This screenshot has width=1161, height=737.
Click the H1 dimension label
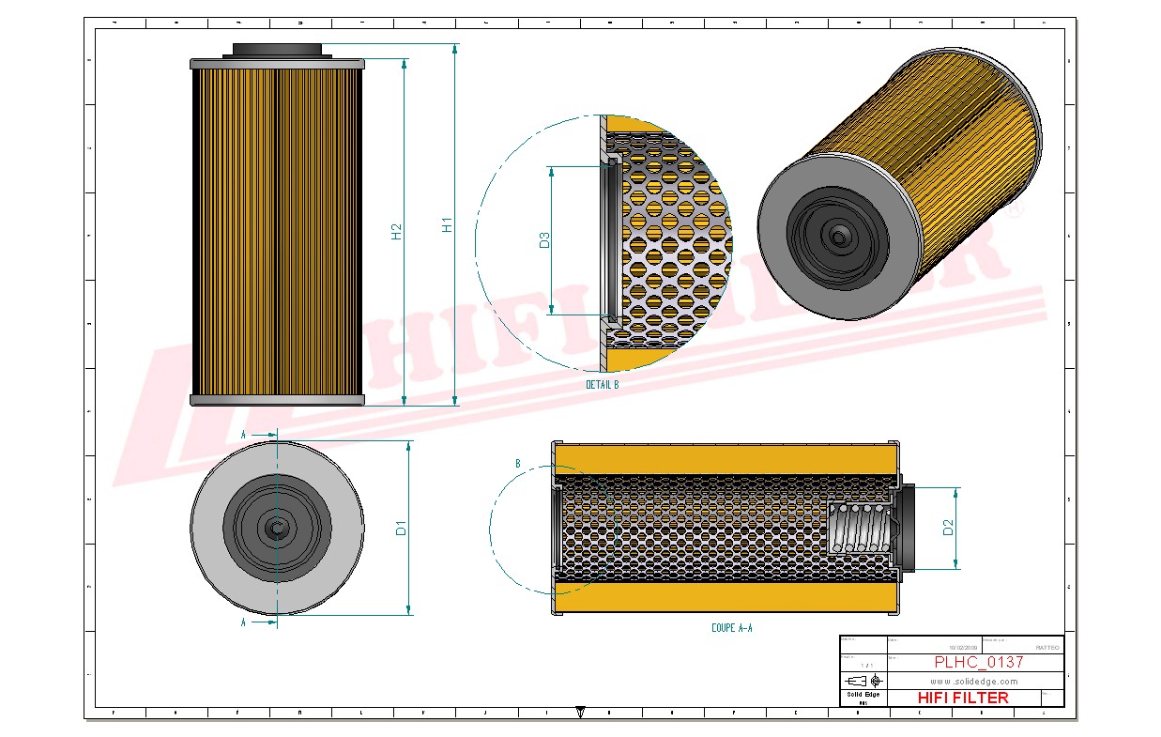(448, 225)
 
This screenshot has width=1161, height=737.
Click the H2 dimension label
(397, 231)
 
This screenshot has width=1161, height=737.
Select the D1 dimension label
(401, 528)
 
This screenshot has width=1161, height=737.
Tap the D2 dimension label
(948, 528)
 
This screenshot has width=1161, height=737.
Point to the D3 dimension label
(544, 240)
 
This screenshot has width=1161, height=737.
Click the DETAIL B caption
(602, 385)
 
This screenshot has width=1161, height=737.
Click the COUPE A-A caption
(731, 628)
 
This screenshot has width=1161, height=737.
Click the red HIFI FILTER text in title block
(962, 698)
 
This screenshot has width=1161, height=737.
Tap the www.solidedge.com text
(974, 681)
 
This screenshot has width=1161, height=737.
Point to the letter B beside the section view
(517, 464)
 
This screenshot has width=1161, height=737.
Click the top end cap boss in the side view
(277, 51)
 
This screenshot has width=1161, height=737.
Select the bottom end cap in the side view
(277, 401)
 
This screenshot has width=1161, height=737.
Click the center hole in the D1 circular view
(277, 528)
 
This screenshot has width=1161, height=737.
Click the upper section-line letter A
(243, 435)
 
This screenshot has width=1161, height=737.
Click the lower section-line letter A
(243, 622)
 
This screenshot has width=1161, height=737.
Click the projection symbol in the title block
(863, 681)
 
